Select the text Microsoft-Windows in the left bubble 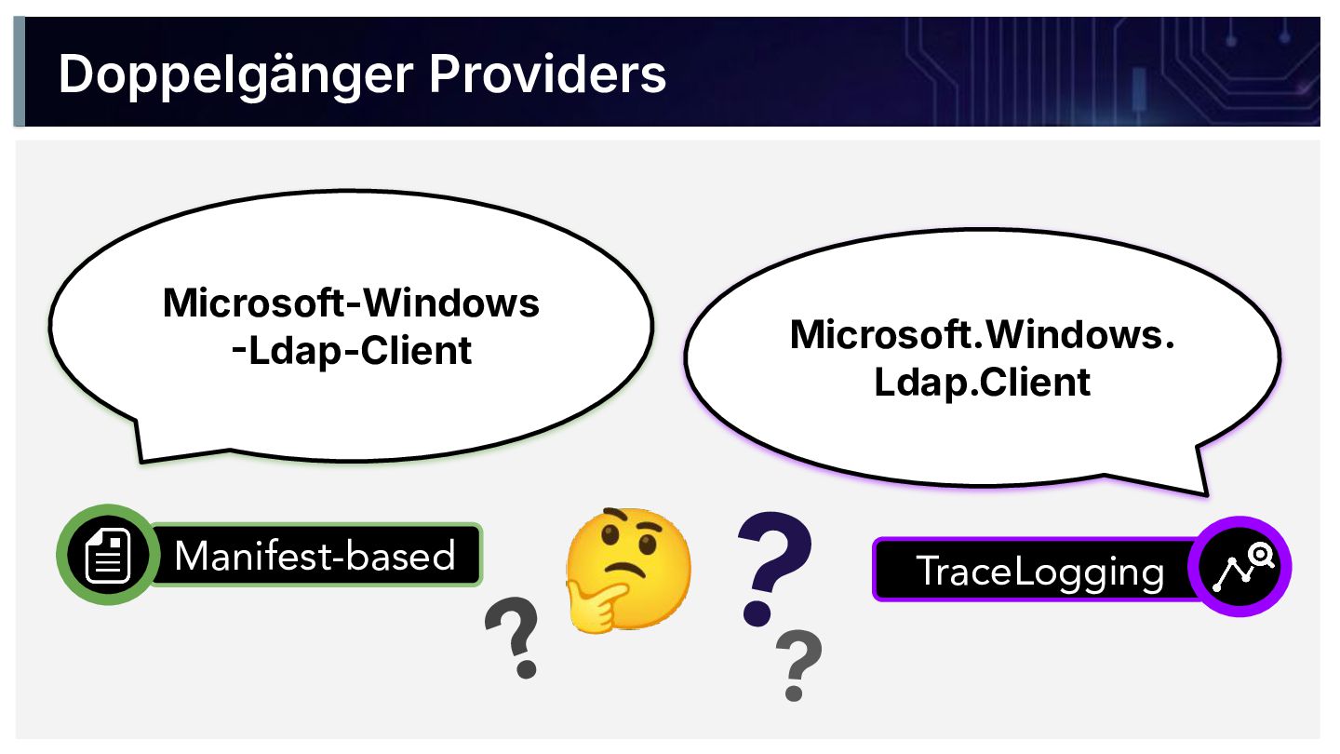pos(351,303)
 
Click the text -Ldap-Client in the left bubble pos(352,351)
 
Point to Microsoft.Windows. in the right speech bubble pos(982,335)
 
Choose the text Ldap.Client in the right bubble pos(982,383)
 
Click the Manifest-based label pos(315,556)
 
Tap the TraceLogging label pos(1039,571)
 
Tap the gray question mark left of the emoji pos(514,638)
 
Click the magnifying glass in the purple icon pos(1261,556)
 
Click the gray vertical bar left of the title pos(19,71)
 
